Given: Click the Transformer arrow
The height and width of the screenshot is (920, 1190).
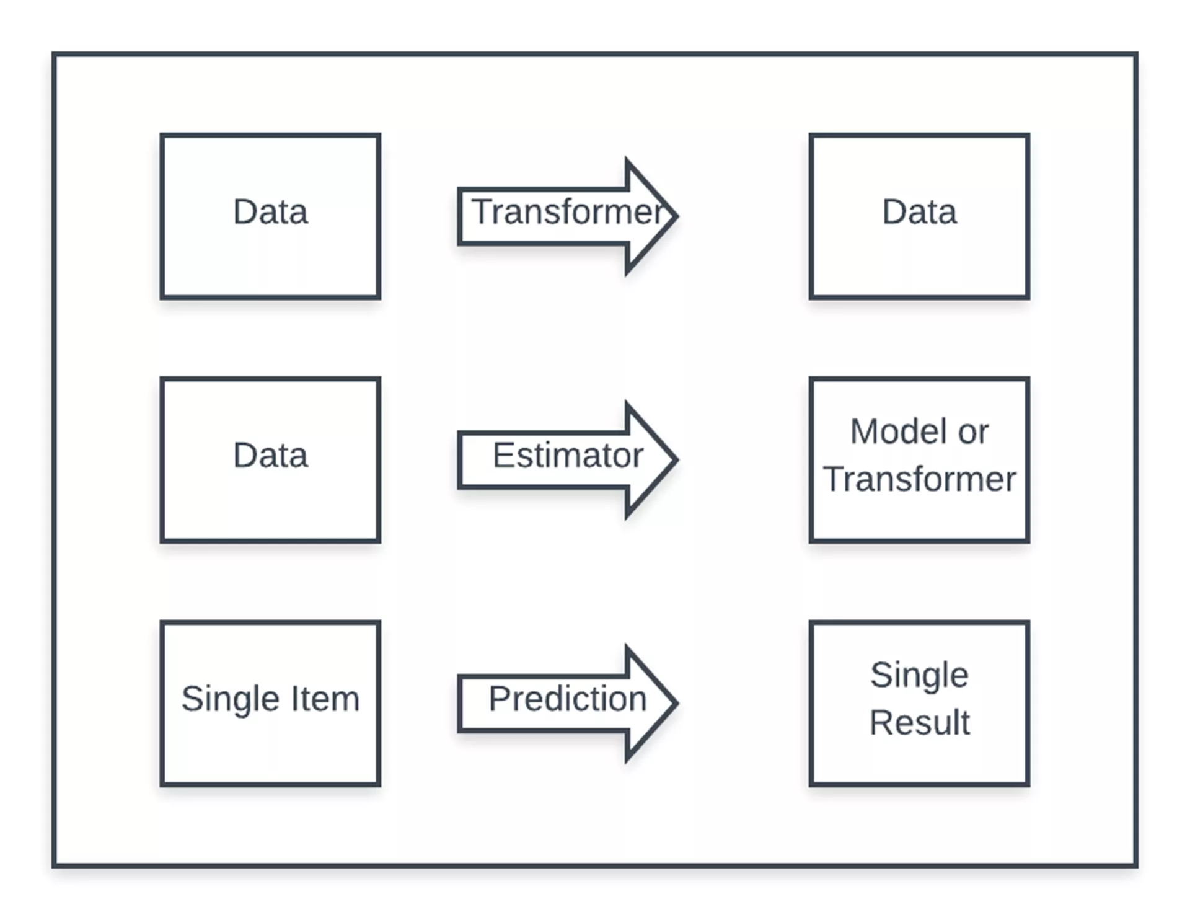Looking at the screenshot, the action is click(567, 216).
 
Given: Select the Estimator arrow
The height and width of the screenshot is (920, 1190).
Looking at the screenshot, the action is click(567, 459).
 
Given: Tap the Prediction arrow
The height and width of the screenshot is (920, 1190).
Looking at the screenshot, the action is click(567, 703).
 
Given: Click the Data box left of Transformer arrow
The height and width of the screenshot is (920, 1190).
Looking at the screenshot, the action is click(270, 216).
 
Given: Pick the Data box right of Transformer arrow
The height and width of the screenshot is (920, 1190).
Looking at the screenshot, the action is click(919, 216).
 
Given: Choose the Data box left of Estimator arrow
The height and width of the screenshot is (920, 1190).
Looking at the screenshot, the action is click(270, 460).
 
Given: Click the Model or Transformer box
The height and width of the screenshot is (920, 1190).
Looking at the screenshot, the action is click(919, 460).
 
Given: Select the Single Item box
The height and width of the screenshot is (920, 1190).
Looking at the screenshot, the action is click(270, 704).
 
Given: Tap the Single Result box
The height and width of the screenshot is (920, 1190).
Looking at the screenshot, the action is click(919, 704).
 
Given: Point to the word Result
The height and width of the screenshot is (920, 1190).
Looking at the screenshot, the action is click(920, 722).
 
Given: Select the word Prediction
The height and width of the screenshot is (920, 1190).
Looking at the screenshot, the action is click(568, 699).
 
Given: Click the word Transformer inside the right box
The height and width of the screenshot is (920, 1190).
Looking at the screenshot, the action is click(920, 479).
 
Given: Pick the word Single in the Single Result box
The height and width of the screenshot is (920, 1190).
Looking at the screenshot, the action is click(919, 675).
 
